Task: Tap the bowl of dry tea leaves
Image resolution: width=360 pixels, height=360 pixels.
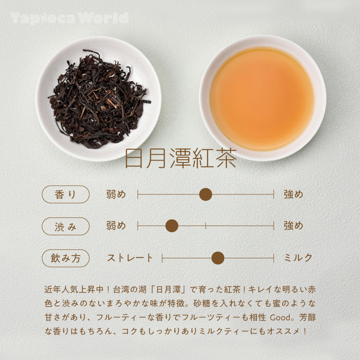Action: coord(99,98)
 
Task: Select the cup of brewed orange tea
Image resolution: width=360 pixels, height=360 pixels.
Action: coord(262,98)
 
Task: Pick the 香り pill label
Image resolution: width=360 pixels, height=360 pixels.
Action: coord(66,194)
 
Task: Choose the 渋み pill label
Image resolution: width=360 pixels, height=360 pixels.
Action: coord(66,226)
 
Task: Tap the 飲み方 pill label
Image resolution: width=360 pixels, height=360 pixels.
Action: coord(66,258)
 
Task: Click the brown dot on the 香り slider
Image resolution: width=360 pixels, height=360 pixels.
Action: coord(206,194)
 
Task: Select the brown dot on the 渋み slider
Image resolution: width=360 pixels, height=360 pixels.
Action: coord(172,226)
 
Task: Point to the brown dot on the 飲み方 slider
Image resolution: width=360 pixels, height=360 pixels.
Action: coord(218,258)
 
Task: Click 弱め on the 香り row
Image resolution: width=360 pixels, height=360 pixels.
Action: coord(116,194)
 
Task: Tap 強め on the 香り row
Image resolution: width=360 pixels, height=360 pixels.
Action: coord(293,194)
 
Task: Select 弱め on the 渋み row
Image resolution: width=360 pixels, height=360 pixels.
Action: coord(116,226)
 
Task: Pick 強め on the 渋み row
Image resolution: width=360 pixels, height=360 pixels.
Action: coord(293,226)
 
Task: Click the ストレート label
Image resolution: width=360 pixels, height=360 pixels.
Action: coord(130,258)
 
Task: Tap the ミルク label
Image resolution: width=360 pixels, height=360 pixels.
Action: coord(298,258)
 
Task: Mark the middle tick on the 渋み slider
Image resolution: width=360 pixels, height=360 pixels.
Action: coord(206,226)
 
